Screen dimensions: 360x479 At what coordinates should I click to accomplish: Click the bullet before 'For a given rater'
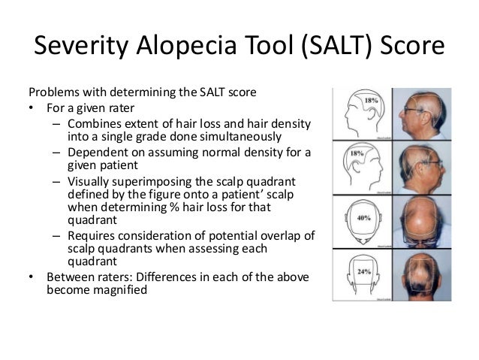pyautogui.click(x=32, y=107)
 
